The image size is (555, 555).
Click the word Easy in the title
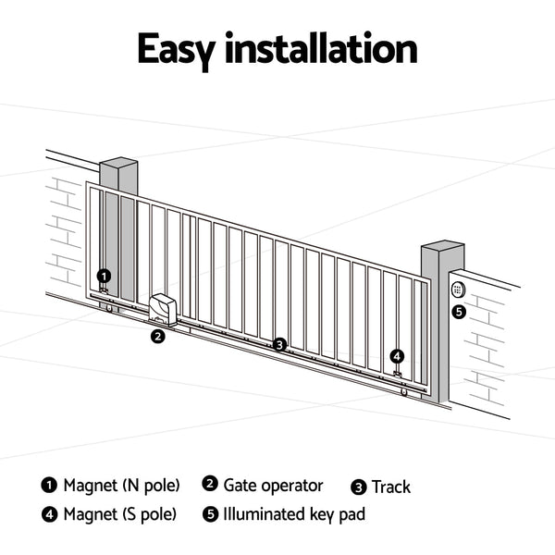[185, 48]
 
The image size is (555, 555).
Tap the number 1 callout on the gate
[104, 276]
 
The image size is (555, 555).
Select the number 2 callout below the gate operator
[158, 337]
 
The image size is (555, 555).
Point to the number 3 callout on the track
[279, 345]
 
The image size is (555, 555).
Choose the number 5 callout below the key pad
[459, 312]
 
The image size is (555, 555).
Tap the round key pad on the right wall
[457, 289]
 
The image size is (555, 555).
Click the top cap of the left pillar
[118, 166]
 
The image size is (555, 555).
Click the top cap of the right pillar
[442, 249]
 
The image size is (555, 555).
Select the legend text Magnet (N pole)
[121, 486]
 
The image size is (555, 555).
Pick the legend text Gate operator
[273, 486]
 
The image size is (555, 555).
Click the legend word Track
[390, 487]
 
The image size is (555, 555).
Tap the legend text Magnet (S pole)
[120, 514]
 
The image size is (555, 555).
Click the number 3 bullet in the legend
[359, 487]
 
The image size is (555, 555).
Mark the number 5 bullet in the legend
[210, 514]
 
